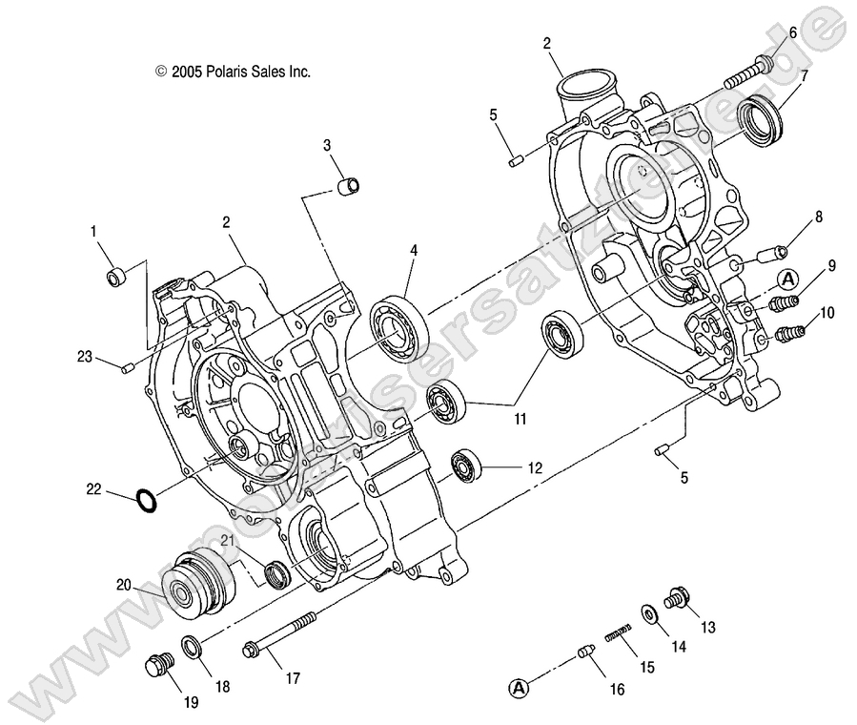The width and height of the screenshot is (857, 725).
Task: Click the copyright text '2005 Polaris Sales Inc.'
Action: [233, 72]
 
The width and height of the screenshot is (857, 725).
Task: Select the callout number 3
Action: [326, 145]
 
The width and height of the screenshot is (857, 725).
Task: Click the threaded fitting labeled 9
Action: [782, 304]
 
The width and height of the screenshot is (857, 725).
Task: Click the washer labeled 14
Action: [648, 615]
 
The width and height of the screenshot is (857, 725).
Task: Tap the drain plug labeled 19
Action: [157, 665]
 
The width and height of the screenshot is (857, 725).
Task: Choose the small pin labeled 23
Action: [126, 367]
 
